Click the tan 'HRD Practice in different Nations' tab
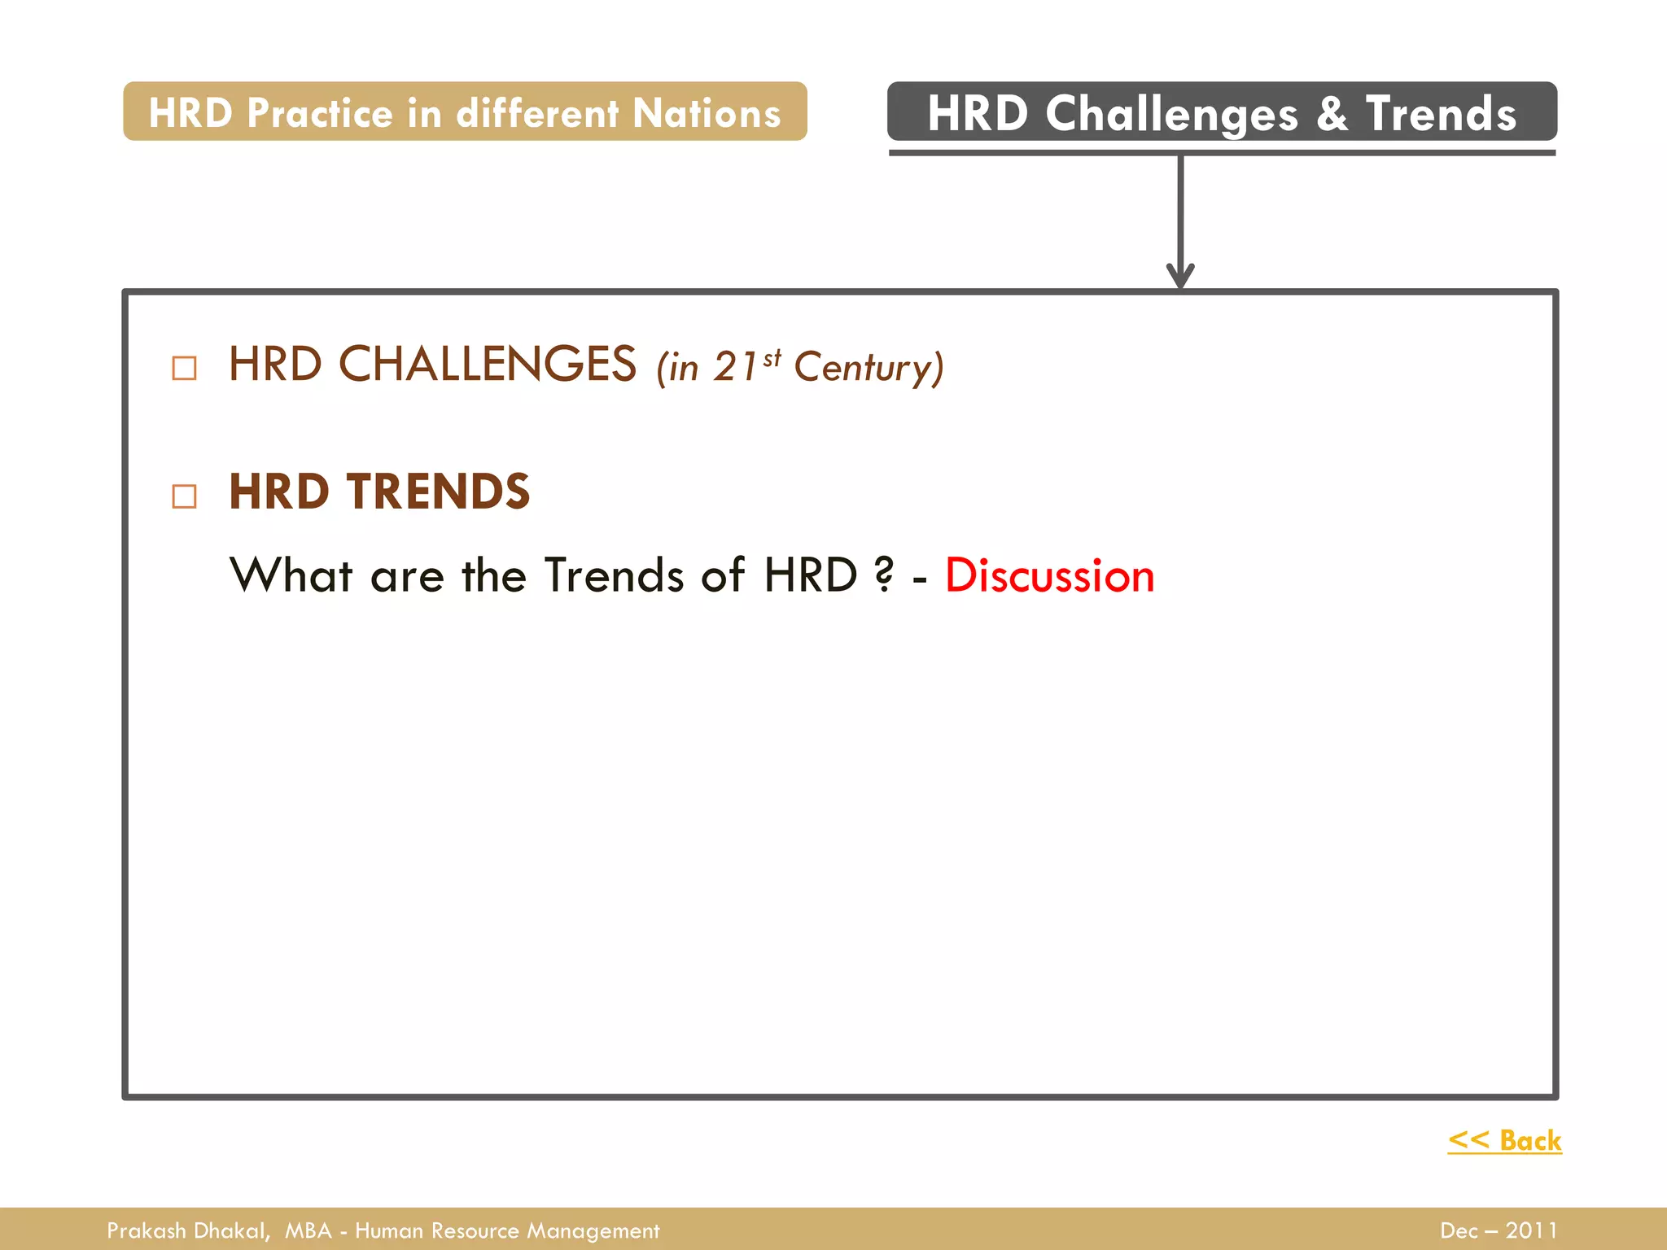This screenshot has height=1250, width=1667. coord(465,111)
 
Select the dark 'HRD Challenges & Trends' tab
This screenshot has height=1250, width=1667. coord(1222,111)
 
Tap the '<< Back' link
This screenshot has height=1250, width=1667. coord(1504,1140)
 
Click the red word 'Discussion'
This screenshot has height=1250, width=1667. coord(1049,576)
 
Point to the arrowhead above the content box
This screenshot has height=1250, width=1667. coord(1180,276)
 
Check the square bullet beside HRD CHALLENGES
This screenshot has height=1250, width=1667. coord(185,368)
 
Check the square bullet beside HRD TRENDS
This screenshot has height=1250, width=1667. coord(185,496)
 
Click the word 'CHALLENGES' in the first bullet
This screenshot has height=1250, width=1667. coord(487,364)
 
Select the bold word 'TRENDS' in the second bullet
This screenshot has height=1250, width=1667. coord(438,492)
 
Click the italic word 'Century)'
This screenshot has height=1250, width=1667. coord(869,368)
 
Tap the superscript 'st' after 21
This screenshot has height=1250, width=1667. coord(772,357)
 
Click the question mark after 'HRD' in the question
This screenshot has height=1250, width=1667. coord(884,575)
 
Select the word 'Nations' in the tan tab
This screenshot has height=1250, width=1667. coord(707,112)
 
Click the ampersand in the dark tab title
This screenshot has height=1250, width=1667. coord(1332,113)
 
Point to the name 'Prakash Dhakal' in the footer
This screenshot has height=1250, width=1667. coord(187,1230)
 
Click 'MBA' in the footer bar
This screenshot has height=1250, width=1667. coord(308,1230)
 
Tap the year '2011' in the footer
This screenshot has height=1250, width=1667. coord(1531,1230)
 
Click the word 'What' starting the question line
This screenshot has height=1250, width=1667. coord(291,575)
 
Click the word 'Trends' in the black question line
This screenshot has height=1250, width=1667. coord(614,575)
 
